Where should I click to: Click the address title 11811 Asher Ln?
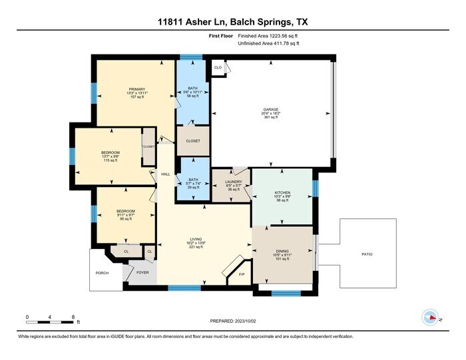coord(232,23)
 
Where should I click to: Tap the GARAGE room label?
coord(270,109)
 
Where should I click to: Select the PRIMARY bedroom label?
coord(137,89)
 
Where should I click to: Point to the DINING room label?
coord(282,251)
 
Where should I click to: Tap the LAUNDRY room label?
coord(232,181)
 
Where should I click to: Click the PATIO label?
coord(367,254)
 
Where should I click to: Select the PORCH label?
coord(102,273)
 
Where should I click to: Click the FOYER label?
coord(142,273)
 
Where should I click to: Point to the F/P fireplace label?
coord(242,274)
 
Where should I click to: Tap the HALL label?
coord(165,174)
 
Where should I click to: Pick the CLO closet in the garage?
coord(218,67)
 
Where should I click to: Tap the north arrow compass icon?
coord(430,317)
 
